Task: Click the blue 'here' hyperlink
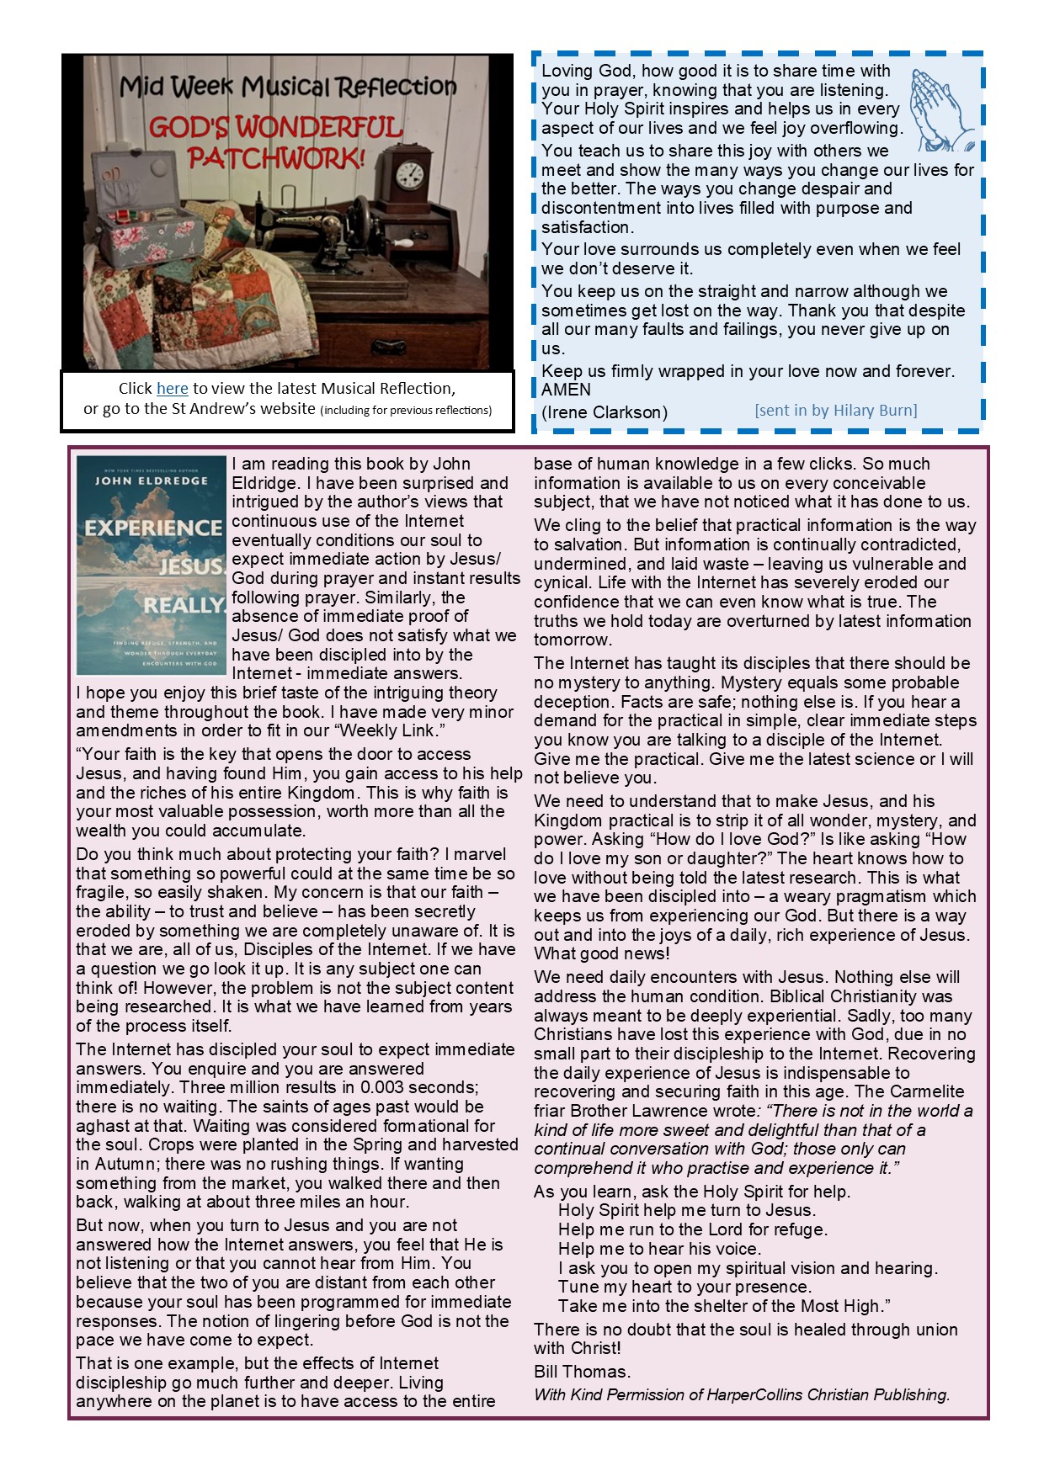[172, 389]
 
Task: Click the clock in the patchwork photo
[409, 174]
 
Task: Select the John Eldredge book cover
[151, 565]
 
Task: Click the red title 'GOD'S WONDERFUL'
[275, 129]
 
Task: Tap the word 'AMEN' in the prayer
[566, 390]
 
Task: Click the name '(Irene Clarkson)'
[604, 412]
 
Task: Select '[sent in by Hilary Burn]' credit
[835, 411]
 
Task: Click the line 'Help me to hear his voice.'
[659, 1249]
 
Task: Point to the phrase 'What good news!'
[601, 953]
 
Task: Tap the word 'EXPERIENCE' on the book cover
[152, 528]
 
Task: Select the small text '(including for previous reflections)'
[406, 411]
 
